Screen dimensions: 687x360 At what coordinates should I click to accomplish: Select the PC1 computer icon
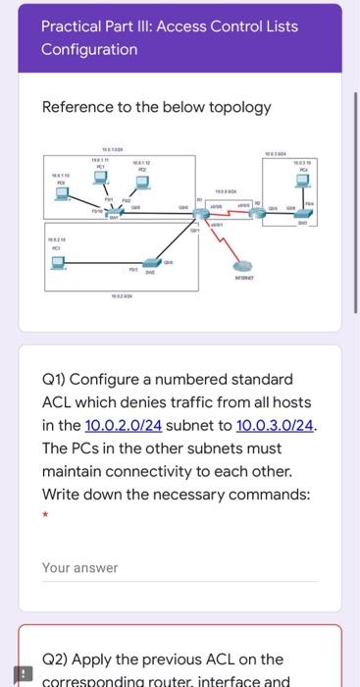click(x=100, y=178)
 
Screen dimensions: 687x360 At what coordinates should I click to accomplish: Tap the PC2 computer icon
click(x=142, y=180)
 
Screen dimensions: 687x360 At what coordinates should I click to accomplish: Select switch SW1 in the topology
click(x=116, y=210)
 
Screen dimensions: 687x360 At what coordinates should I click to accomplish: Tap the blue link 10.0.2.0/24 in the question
click(x=124, y=425)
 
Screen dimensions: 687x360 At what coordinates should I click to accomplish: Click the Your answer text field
click(x=180, y=568)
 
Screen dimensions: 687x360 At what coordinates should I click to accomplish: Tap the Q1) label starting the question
click(x=56, y=379)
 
